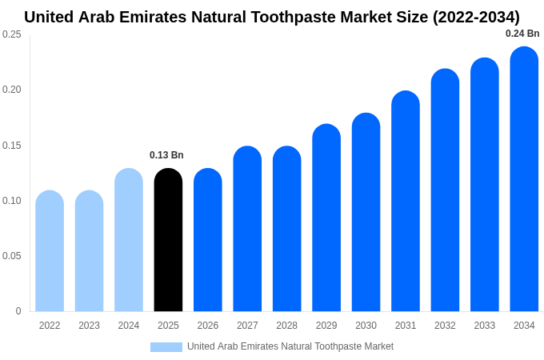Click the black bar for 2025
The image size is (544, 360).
pos(168,240)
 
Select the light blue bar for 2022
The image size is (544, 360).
pos(50,251)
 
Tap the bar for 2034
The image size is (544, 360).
pos(524,179)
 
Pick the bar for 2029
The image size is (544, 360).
pos(326,218)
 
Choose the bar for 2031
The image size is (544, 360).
pos(406,201)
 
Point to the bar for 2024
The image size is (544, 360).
pos(129,240)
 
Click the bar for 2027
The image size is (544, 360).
pos(247,229)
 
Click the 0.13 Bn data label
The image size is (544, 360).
pos(166,155)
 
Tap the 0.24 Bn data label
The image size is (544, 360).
pos(522,34)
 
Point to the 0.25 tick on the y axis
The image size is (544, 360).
pos(12,34)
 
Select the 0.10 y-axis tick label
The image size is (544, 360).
pos(12,201)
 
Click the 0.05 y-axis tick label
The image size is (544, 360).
pos(12,256)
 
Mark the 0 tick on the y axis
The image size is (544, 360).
pos(18,311)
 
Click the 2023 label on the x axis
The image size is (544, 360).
pos(89,326)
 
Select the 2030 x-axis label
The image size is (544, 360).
pos(366,326)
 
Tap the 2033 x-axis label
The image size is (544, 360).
pos(484,326)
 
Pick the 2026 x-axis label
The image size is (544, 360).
pos(208,326)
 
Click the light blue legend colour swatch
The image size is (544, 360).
pos(166,347)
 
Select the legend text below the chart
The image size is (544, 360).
pos(290,346)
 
